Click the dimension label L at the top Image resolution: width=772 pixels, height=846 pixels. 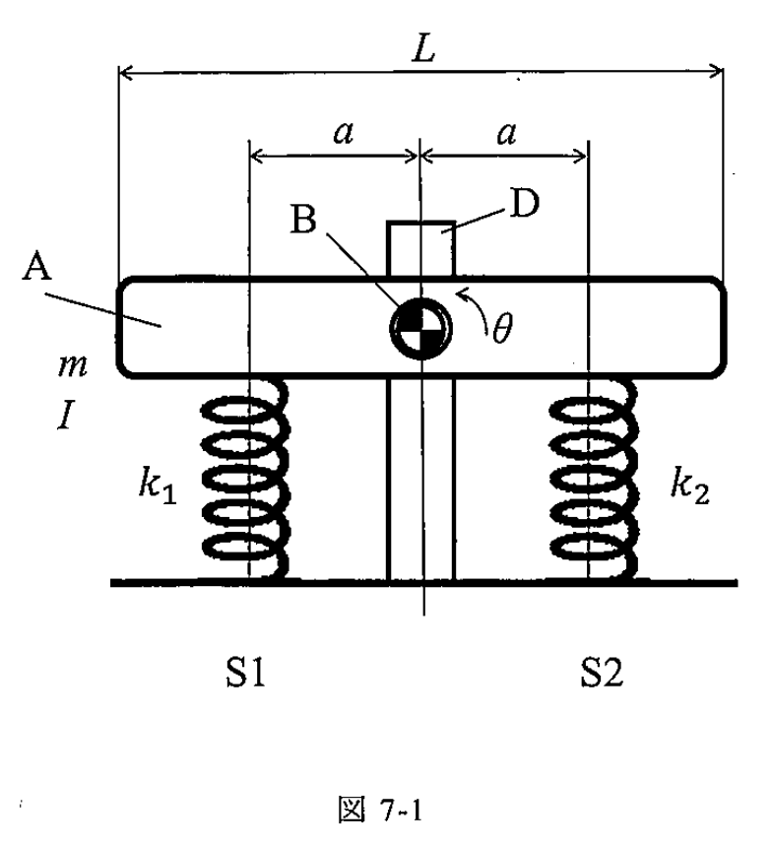coord(423,51)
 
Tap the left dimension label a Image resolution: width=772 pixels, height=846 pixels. coord(344,133)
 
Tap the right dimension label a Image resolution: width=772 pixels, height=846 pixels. coord(506,133)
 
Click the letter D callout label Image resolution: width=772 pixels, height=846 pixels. coord(525,204)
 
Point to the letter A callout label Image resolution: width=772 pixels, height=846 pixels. coord(36,267)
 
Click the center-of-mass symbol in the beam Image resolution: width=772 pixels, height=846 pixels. coord(420,328)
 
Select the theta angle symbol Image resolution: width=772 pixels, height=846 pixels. coord(502,328)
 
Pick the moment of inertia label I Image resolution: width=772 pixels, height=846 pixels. coord(65,416)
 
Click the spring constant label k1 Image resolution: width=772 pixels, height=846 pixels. coord(158,486)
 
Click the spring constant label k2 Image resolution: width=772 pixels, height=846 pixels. coord(690,486)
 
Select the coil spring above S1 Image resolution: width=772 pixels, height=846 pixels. coord(245,478)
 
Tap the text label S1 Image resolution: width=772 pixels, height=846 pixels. coord(245,673)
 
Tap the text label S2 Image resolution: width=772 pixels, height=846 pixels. coord(602,673)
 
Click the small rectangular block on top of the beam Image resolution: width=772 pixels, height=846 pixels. coord(420,249)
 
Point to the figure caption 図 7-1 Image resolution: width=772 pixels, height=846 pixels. coord(380,810)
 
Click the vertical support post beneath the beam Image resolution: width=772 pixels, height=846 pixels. coord(420,479)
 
